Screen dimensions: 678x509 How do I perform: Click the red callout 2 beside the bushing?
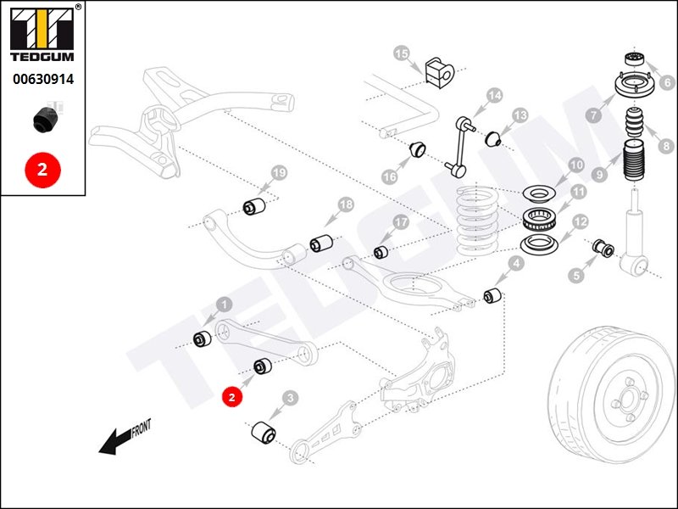(232, 397)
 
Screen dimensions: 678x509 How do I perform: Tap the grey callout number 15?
(402, 54)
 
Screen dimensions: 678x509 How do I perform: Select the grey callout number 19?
(279, 173)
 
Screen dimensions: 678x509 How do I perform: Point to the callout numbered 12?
(581, 222)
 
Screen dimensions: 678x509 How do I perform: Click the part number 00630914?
(43, 79)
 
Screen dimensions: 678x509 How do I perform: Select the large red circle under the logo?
(42, 169)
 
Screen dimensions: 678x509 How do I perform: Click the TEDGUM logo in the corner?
(42, 33)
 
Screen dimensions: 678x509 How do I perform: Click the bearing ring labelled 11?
(539, 219)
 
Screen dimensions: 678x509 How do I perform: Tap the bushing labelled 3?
(264, 432)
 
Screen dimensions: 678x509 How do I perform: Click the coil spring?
(478, 220)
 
